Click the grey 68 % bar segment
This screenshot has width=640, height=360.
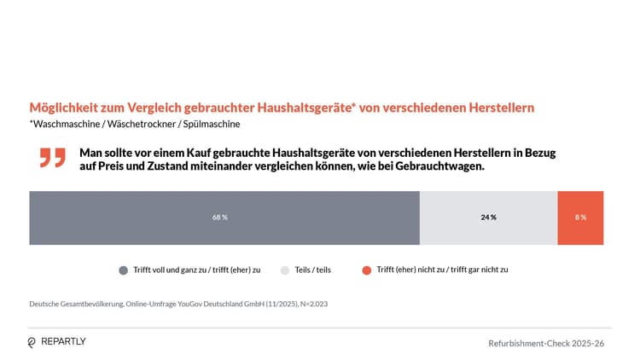click(x=224, y=218)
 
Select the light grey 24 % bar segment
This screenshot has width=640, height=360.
click(x=488, y=218)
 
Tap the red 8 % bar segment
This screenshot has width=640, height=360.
click(x=580, y=218)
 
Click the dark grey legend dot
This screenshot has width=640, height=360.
click(x=124, y=270)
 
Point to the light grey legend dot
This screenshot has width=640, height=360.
click(x=285, y=270)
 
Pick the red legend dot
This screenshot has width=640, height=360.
click(x=367, y=270)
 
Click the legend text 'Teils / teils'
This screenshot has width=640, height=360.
click(x=313, y=270)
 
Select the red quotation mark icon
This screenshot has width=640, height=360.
click(x=52, y=158)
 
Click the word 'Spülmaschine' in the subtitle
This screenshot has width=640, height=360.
click(x=213, y=125)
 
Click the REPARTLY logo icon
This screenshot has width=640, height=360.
click(x=32, y=342)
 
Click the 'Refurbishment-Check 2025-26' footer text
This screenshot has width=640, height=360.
click(x=546, y=343)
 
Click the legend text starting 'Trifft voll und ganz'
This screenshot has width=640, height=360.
click(x=197, y=270)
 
